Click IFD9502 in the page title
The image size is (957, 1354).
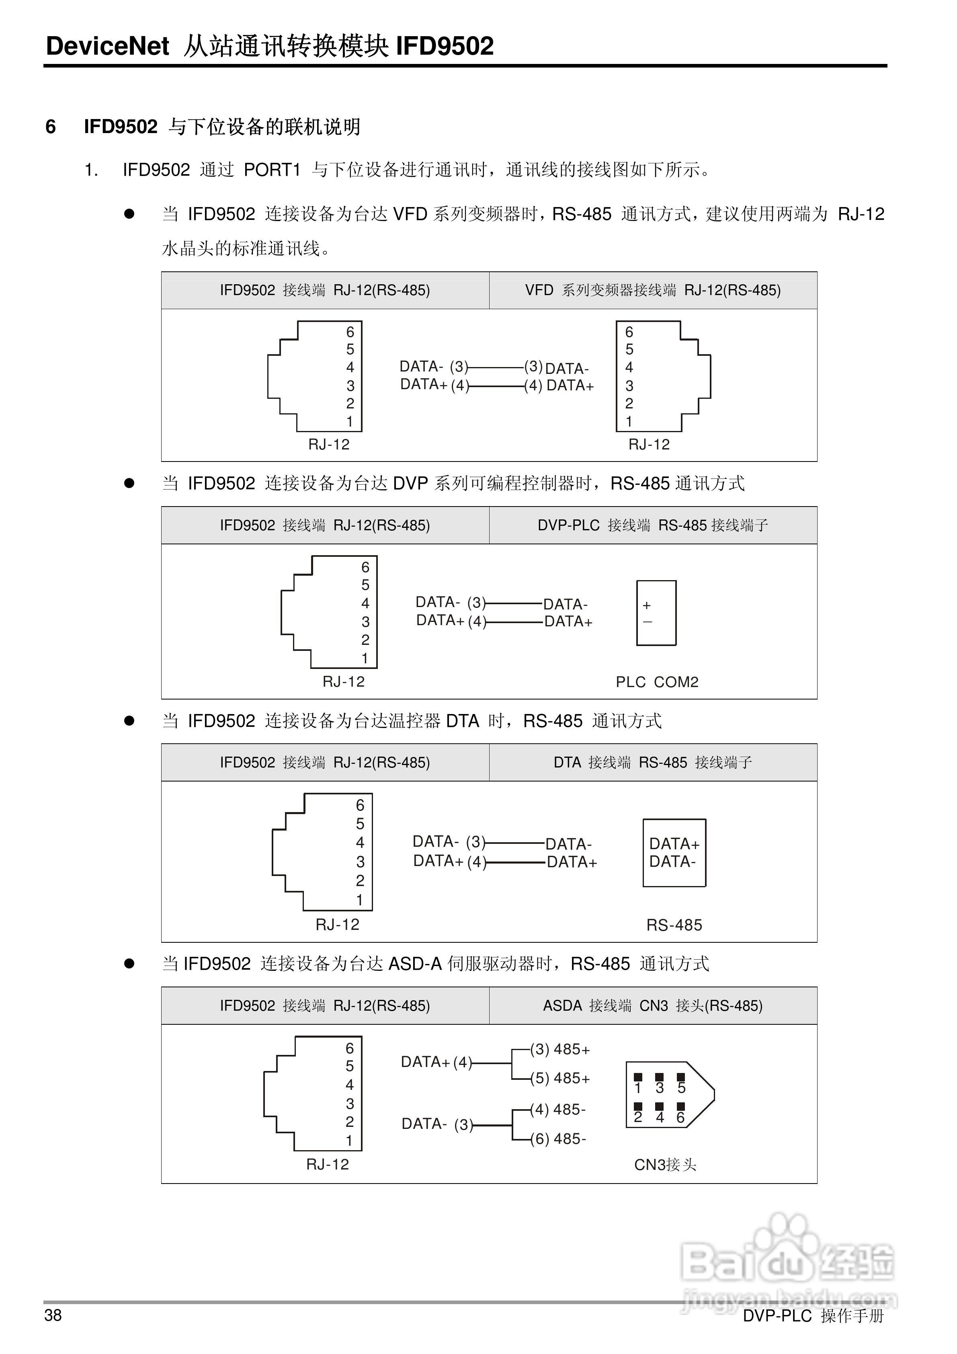click(x=444, y=46)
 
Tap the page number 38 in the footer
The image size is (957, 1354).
click(x=53, y=1315)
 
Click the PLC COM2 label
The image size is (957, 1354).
click(x=657, y=682)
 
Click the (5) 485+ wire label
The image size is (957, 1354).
click(x=559, y=1079)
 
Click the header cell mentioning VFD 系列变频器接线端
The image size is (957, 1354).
click(x=653, y=290)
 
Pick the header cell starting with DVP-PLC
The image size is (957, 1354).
click(x=653, y=525)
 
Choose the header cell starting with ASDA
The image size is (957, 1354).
click(x=653, y=1005)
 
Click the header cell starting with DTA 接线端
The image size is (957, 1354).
click(x=653, y=763)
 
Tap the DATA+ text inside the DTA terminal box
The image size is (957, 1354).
click(x=674, y=844)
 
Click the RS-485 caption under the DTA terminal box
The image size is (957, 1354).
click(x=674, y=925)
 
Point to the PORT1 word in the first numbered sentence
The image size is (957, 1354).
click(x=272, y=170)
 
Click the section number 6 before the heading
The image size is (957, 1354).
click(x=51, y=127)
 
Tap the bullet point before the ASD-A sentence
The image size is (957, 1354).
click(x=129, y=964)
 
